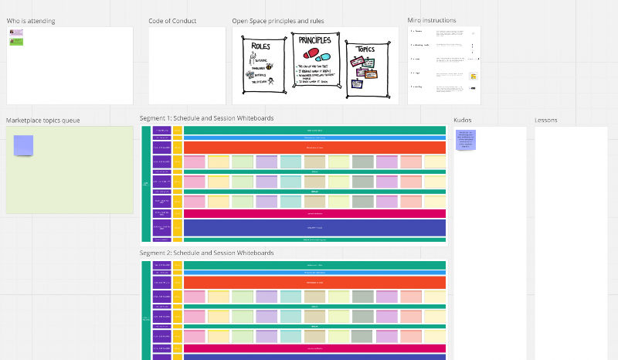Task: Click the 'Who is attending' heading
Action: click(x=31, y=21)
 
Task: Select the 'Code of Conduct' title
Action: click(x=172, y=21)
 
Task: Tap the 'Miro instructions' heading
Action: click(x=432, y=20)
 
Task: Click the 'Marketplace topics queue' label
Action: click(x=43, y=121)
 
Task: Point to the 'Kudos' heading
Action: click(x=462, y=121)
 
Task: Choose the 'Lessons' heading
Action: click(x=546, y=121)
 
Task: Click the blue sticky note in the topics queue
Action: click(x=24, y=144)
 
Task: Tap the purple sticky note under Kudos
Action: click(x=466, y=140)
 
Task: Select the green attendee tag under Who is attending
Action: click(x=16, y=42)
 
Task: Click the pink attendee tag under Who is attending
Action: click(x=16, y=32)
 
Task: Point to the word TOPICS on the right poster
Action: click(x=365, y=49)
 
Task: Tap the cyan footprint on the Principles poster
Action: click(x=324, y=57)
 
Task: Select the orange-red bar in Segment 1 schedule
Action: click(x=314, y=148)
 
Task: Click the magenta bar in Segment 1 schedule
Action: click(x=314, y=213)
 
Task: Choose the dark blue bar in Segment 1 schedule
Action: click(x=314, y=228)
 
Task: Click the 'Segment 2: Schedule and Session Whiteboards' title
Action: click(x=206, y=253)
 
